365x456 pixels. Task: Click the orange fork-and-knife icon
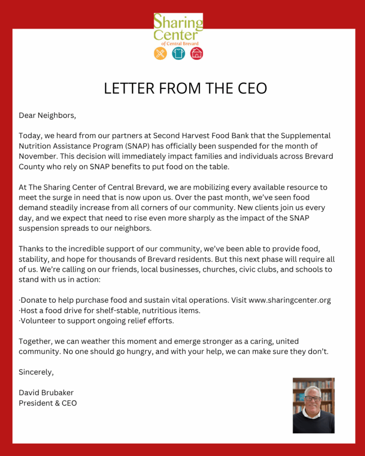point(160,53)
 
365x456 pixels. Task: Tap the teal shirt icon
point(178,53)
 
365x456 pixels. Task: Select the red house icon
point(196,53)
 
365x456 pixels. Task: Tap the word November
point(39,156)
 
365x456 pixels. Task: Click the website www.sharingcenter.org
point(289,300)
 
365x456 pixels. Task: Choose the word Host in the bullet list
point(29,311)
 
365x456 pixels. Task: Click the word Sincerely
point(36,372)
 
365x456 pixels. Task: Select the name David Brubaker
point(46,393)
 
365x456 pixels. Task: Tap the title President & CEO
point(48,403)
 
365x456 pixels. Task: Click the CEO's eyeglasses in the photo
point(313,398)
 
